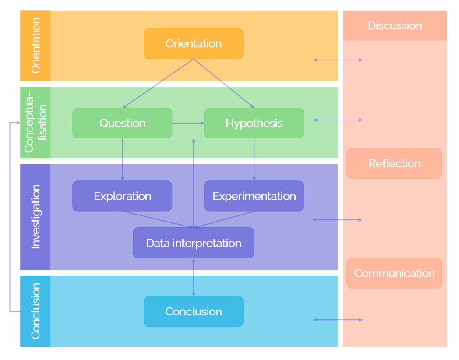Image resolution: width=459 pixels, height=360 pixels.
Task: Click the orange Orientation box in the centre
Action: [193, 44]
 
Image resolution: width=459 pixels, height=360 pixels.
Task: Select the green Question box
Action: [122, 123]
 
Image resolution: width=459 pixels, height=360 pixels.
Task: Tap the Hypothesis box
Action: [254, 123]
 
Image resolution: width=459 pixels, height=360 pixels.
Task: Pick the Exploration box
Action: [122, 196]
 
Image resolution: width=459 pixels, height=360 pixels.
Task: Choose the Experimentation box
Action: [254, 196]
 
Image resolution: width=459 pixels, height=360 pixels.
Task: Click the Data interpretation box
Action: [193, 243]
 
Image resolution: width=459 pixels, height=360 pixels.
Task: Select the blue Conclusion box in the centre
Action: [193, 311]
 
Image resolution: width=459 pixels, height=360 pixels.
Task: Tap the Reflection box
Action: [394, 163]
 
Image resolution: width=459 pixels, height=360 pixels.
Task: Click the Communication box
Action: [394, 273]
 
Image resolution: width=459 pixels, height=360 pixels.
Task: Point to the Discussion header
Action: [394, 25]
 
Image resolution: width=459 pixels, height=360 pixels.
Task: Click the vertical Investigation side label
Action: [35, 217]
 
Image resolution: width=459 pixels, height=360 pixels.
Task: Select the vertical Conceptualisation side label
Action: [35, 122]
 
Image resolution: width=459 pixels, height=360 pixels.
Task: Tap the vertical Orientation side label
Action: [35, 46]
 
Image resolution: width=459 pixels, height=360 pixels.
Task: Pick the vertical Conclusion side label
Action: [35, 311]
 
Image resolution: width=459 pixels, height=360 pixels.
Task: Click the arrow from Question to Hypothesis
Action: [188, 123]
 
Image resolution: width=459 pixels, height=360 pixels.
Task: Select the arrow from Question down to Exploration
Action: [122, 159]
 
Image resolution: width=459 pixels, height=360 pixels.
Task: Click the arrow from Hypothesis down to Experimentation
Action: [254, 159]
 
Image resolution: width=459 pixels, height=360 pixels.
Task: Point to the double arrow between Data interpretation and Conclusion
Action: [194, 277]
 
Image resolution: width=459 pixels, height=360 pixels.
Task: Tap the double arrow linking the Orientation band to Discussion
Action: [338, 60]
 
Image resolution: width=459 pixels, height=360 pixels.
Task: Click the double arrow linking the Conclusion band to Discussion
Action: [338, 320]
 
